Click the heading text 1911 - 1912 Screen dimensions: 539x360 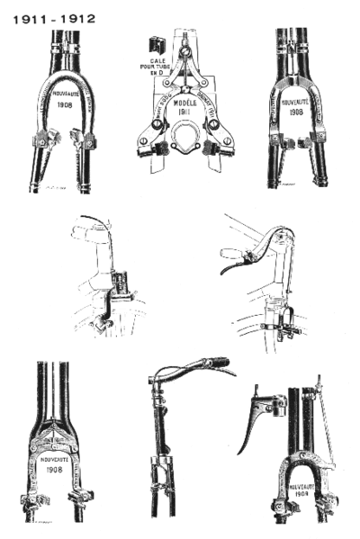(54, 17)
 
